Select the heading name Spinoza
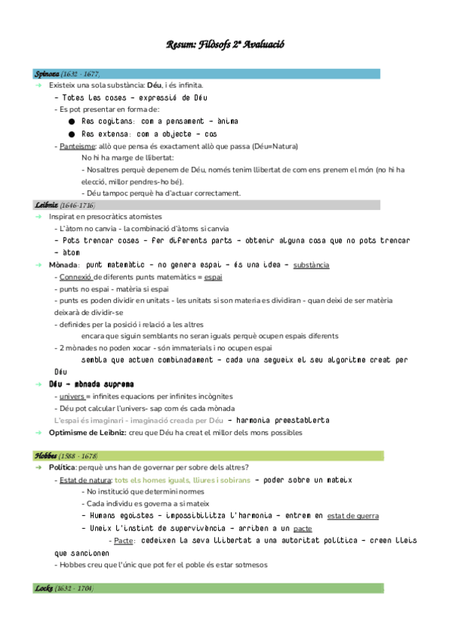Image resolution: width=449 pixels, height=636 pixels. [46, 74]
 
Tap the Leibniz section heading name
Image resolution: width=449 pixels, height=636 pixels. [46, 205]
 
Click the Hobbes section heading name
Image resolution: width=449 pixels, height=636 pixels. [46, 456]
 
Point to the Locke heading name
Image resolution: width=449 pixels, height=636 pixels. [43, 588]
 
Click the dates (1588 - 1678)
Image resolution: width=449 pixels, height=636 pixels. [79, 456]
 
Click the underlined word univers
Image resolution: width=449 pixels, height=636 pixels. [72, 396]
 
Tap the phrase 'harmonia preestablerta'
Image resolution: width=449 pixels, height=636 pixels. [283, 420]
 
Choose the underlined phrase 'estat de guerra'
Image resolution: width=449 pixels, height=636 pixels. [353, 516]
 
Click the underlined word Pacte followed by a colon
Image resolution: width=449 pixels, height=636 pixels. [124, 540]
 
